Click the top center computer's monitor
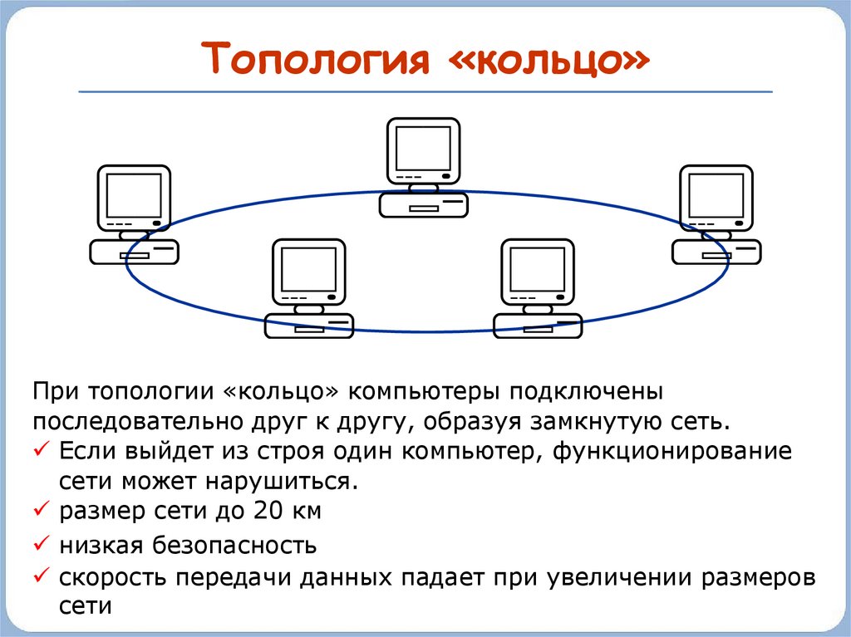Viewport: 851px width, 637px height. click(x=424, y=150)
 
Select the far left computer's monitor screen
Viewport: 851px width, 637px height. click(x=134, y=197)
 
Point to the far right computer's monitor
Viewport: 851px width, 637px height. click(x=716, y=198)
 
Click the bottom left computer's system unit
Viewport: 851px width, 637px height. click(x=309, y=325)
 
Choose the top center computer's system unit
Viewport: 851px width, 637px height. click(x=424, y=204)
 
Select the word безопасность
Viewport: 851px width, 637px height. click(x=237, y=546)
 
